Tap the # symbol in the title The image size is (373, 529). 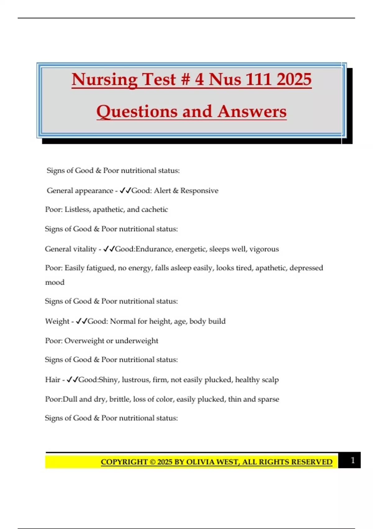click(185, 79)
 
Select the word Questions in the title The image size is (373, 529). click(137, 111)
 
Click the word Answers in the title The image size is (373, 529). click(252, 111)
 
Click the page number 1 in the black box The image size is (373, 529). click(352, 460)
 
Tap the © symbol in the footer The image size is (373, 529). click(152, 462)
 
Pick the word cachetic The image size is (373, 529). click(154, 209)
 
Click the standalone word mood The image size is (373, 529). click(55, 282)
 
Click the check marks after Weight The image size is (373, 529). click(82, 321)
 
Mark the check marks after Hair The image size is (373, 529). click(72, 379)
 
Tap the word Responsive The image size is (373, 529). click(199, 190)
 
